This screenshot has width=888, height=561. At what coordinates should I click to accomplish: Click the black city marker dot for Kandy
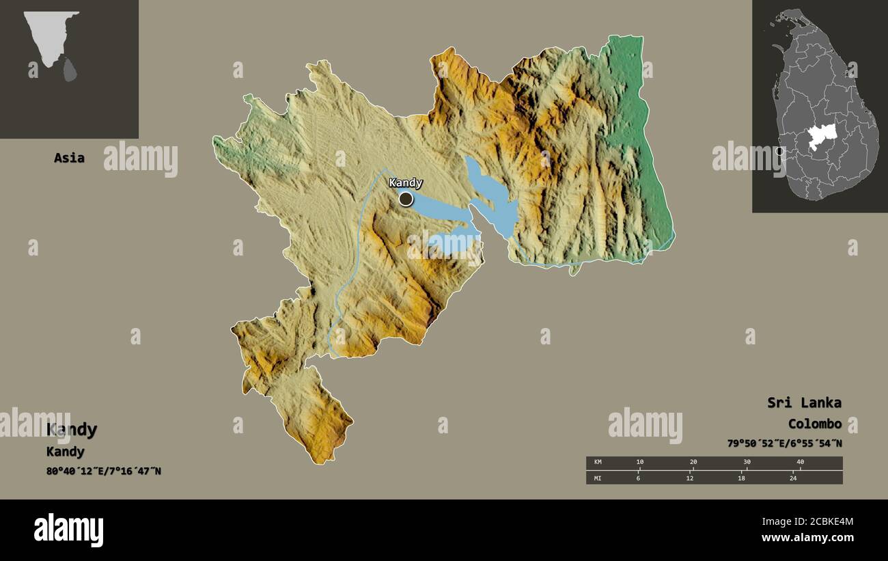coord(406,199)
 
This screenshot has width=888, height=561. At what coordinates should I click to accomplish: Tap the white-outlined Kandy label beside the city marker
coord(406,182)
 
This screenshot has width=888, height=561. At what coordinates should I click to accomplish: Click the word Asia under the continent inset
coord(70,158)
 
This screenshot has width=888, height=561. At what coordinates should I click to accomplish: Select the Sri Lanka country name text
coord(804,402)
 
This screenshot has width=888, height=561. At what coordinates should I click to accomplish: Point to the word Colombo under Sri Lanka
coord(814,424)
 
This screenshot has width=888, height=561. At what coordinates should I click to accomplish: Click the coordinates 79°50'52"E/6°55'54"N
coord(784,443)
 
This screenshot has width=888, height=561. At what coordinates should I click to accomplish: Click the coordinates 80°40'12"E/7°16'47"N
coord(104,471)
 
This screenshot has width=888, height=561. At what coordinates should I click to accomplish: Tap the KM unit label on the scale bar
coord(598,463)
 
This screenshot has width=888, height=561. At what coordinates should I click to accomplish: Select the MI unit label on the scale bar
coord(598,478)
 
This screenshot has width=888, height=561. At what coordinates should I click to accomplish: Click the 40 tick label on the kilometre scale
coord(800,463)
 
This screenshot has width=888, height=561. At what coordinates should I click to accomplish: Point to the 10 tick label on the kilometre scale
coord(639,463)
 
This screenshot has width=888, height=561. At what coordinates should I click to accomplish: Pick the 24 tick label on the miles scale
coord(793,478)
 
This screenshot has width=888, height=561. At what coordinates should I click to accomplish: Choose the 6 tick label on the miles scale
coord(639,478)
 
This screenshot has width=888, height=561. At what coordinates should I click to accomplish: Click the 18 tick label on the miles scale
coord(741,478)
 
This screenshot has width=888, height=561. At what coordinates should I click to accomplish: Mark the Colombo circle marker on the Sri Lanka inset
coord(780,151)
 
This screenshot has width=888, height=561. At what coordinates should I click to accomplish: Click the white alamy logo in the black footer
coord(69,530)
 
